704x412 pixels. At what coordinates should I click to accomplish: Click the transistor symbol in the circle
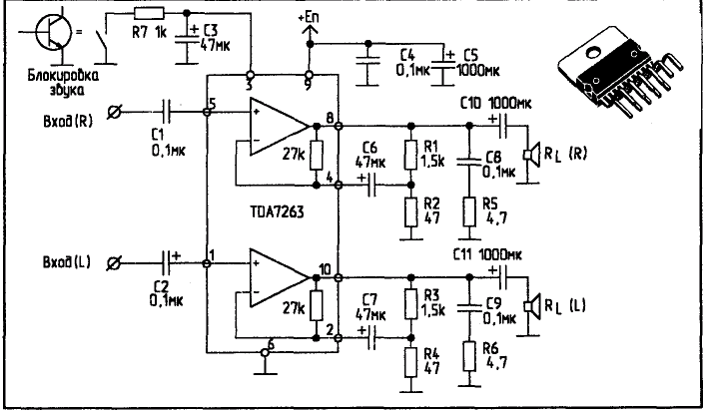[53, 34]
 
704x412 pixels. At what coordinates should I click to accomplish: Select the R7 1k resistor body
[149, 13]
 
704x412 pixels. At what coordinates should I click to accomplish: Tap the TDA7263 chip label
[277, 211]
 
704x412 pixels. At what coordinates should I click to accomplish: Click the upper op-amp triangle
[280, 127]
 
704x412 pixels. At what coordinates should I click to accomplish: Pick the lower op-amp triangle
[280, 278]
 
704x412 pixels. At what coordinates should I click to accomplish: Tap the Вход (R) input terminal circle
[114, 112]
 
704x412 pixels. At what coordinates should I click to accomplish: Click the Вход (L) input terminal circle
[114, 263]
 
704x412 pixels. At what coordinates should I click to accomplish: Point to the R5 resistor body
[469, 211]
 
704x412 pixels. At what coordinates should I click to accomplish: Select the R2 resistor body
[410, 212]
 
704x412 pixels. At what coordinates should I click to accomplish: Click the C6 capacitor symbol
[371, 185]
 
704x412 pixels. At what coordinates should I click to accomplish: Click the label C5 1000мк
[478, 63]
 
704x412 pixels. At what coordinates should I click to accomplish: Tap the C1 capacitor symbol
[166, 112]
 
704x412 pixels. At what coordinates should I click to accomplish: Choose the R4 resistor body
[410, 362]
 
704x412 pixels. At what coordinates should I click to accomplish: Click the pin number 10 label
[326, 269]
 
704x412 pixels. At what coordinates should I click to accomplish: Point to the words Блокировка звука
[63, 83]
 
